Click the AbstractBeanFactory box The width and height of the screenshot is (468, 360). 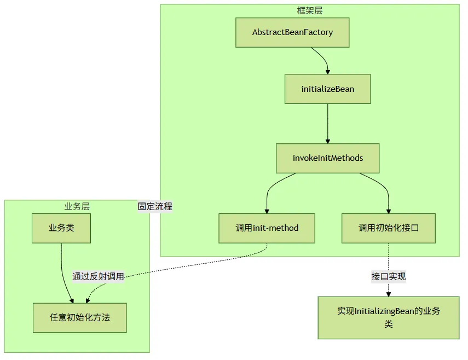point(292,32)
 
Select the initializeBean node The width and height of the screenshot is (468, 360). point(327,89)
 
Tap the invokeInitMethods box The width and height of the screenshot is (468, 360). point(327,158)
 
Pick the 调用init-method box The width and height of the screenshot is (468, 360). point(267,228)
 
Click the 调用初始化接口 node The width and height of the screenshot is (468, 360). point(388,228)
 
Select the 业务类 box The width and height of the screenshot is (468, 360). point(61,228)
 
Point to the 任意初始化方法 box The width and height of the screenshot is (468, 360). point(80,318)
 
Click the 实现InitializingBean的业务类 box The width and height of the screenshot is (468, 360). point(388,318)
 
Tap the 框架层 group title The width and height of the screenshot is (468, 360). point(309,11)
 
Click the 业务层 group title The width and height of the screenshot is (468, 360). point(77,206)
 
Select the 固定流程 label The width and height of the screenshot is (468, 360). point(155,206)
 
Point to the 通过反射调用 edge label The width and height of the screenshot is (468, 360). point(98,276)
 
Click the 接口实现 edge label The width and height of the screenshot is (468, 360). point(388,276)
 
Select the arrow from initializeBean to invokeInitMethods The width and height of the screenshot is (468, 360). point(327,124)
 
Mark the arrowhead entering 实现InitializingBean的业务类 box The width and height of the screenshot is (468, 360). point(388,294)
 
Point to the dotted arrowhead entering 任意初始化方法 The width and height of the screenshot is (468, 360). point(88,301)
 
